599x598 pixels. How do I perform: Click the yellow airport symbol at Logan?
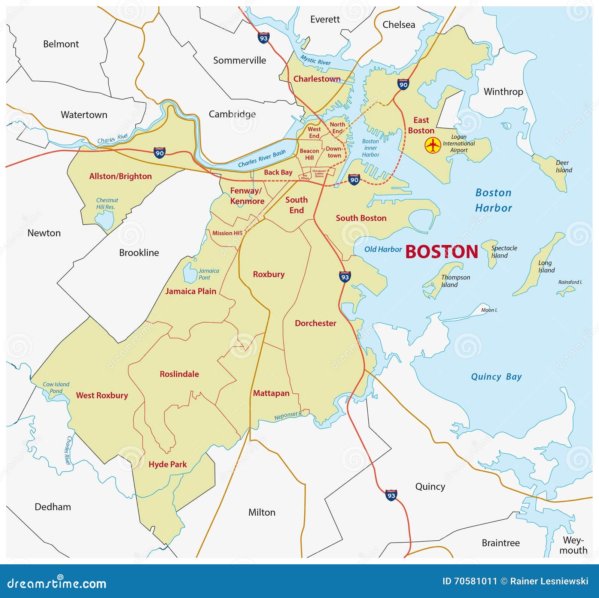coord(433,145)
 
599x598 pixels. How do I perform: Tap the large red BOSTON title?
coord(442,252)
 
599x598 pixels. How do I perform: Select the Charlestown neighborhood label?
coord(317,79)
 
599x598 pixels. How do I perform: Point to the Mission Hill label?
coord(227,233)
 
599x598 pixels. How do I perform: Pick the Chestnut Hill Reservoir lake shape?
coord(104,219)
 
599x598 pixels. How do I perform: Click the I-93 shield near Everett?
coord(264,38)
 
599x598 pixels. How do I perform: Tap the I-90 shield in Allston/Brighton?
coord(159,152)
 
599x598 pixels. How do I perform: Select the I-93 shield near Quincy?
coord(391,495)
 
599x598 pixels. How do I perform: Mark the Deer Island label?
coord(563,166)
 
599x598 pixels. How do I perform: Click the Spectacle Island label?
coord(504,252)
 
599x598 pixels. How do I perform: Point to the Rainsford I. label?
coord(570,282)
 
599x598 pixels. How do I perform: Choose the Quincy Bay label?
coord(496,377)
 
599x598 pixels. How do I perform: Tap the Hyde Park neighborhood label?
coord(167,464)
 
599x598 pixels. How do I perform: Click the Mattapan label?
coord(271,393)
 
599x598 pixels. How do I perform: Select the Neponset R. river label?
coord(288,416)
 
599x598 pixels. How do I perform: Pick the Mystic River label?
coord(315,60)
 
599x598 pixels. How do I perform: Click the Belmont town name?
coord(61,44)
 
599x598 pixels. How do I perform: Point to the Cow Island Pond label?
coord(56,387)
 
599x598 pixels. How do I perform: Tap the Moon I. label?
coord(489,310)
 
